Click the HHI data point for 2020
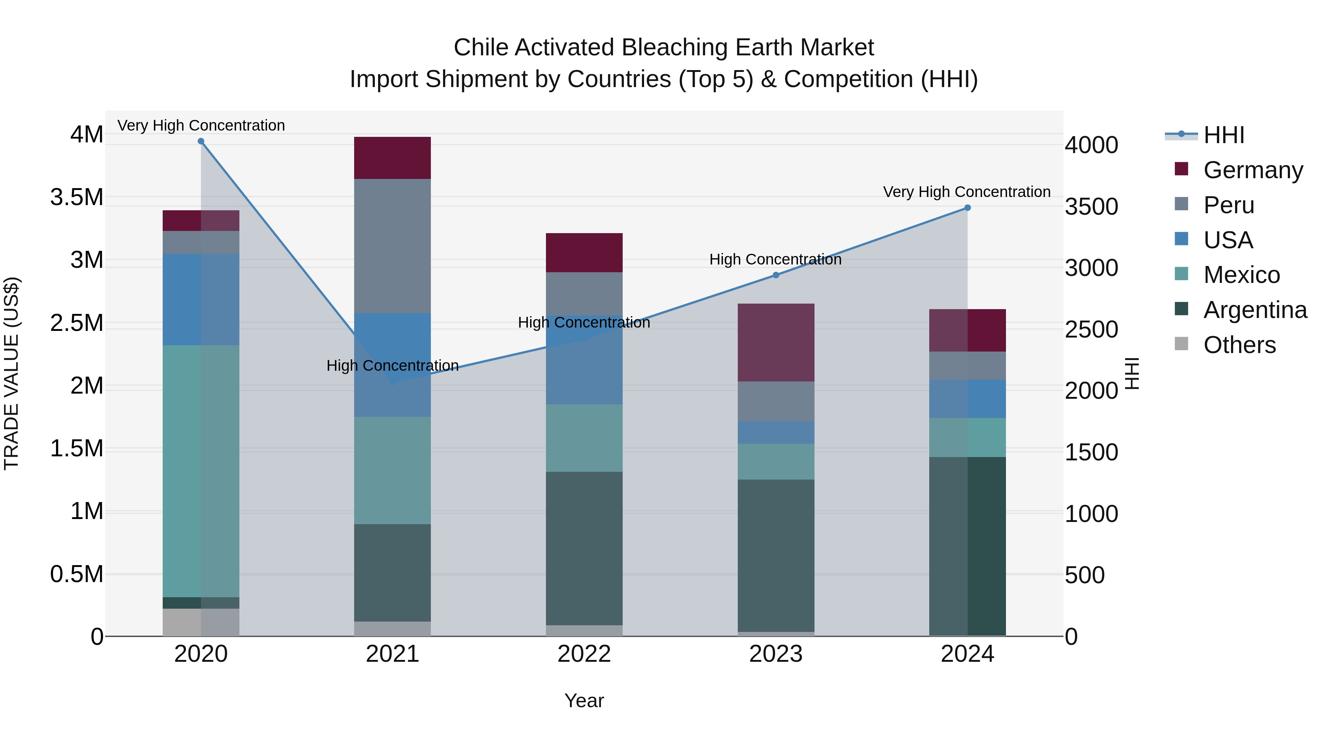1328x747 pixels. pyautogui.click(x=201, y=141)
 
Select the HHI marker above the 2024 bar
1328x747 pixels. pyautogui.click(x=967, y=208)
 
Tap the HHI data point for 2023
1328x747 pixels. pyautogui.click(x=776, y=275)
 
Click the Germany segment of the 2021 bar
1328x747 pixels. pyautogui.click(x=392, y=158)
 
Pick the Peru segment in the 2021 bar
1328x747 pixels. pyautogui.click(x=392, y=246)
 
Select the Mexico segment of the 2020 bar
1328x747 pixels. pyautogui.click(x=201, y=471)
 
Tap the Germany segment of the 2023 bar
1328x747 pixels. pyautogui.click(x=776, y=342)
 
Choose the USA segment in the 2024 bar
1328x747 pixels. pyautogui.click(x=967, y=398)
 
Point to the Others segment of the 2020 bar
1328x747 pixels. pyautogui.click(x=201, y=622)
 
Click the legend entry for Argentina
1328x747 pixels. pyautogui.click(x=1255, y=310)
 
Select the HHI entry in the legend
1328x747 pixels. pyautogui.click(x=1223, y=135)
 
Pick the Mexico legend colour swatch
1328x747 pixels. pyautogui.click(x=1181, y=274)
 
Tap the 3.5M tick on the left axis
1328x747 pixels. pyautogui.click(x=76, y=197)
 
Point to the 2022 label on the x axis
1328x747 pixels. pyautogui.click(x=584, y=654)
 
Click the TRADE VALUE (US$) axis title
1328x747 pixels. pyautogui.click(x=11, y=373)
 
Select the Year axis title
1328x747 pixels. pyautogui.click(x=584, y=701)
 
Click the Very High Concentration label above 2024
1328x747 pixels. pyautogui.click(x=966, y=192)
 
